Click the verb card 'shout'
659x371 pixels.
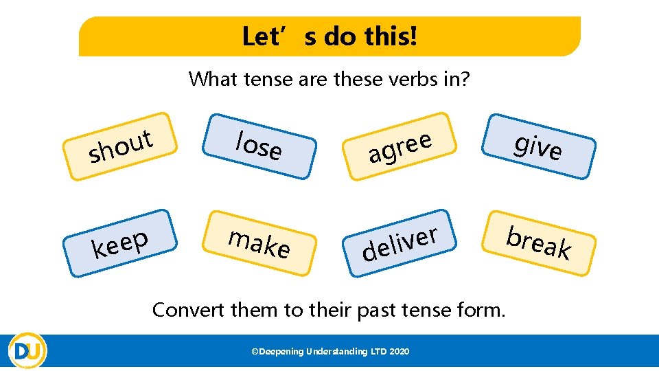tap(121, 146)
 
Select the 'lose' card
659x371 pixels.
tap(259, 145)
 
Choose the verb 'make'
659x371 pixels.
tap(259, 242)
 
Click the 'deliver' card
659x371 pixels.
tap(400, 243)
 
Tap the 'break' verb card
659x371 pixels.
tap(539, 241)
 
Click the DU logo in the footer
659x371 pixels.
tap(27, 351)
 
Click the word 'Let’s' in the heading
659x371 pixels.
tap(270, 36)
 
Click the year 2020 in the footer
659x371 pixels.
tap(399, 352)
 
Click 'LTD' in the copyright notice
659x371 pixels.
tap(378, 352)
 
